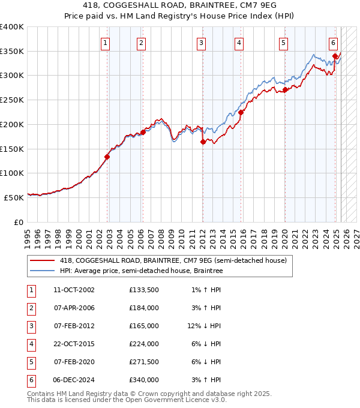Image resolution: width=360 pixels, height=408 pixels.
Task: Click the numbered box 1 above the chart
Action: click(105, 43)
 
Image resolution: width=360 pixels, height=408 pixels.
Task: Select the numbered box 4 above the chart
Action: click(239, 43)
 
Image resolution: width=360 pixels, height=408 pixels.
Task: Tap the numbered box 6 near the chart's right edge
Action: click(333, 43)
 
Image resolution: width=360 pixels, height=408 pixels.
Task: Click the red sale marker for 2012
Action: click(203, 142)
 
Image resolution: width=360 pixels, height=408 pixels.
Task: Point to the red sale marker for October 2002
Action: click(107, 157)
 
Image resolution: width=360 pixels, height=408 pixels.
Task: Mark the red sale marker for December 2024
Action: click(335, 56)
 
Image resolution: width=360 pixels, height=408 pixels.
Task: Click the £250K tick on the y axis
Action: click(12, 100)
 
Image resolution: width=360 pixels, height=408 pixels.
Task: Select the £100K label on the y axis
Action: click(12, 173)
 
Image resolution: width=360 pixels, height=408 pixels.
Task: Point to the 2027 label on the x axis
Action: click(356, 236)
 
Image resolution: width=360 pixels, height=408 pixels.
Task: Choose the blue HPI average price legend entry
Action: click(141, 271)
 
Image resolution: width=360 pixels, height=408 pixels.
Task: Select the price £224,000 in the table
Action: click(144, 344)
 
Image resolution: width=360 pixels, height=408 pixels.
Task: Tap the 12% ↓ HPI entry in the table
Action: click(204, 326)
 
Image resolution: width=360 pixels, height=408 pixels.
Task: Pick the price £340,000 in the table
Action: click(144, 380)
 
